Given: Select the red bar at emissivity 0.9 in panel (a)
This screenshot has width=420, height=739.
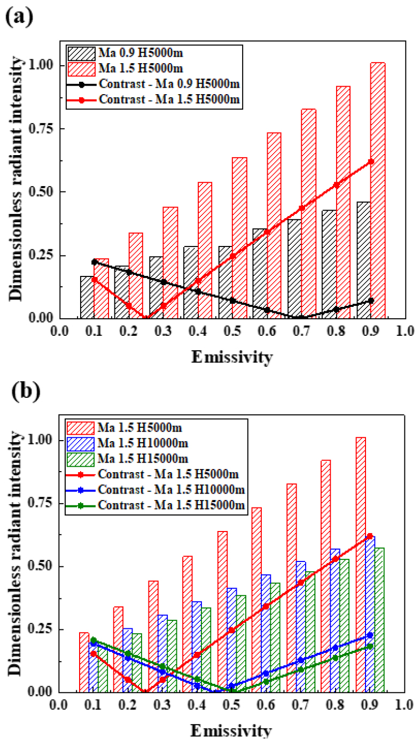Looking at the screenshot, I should click(378, 190).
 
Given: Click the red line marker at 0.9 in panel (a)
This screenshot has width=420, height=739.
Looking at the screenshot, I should click(371, 161).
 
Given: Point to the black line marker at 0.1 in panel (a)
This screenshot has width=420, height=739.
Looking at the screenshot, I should click(94, 262).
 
